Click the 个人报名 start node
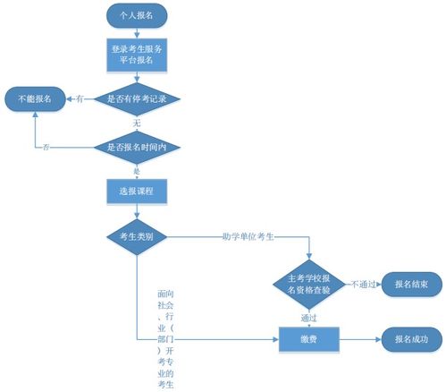[136, 15]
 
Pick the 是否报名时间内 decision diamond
[136, 146]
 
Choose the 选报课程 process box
[136, 192]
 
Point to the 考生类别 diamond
[136, 237]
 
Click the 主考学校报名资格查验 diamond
[309, 284]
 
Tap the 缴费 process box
[309, 339]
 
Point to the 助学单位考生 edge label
[248, 237]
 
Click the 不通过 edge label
[364, 284]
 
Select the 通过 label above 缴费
[309, 317]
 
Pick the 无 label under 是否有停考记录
[137, 121]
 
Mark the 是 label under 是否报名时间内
[137, 169]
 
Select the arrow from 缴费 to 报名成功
[359, 339]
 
